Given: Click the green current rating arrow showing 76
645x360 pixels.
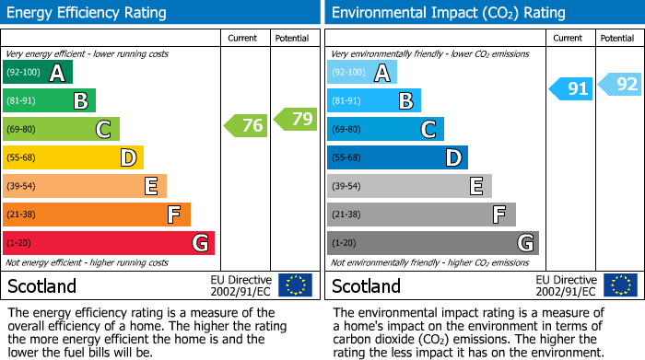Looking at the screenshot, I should pos(245,125).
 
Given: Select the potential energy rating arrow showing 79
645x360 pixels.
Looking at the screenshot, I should pos(296,119).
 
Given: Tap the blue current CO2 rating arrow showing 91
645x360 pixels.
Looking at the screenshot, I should pos(570,88).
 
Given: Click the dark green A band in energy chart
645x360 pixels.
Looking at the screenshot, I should pos(38,73).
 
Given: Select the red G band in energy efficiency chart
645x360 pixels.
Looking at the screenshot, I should pos(109,243).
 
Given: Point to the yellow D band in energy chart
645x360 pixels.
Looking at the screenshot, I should pos(74,158).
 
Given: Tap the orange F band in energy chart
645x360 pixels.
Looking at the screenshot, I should pos(97,215).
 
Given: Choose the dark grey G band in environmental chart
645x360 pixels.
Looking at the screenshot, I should pos(432,243).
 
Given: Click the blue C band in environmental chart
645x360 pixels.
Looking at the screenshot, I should pos(385,130).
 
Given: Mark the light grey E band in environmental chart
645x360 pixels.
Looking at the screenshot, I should pos(409,186).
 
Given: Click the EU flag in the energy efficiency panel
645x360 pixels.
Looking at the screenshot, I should pos(296,285).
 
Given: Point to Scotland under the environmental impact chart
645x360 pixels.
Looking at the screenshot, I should pos(366,286).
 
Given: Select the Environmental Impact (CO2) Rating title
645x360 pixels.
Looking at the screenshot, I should pos(448,13).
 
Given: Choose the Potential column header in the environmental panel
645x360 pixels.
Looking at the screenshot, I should pos(617,38).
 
